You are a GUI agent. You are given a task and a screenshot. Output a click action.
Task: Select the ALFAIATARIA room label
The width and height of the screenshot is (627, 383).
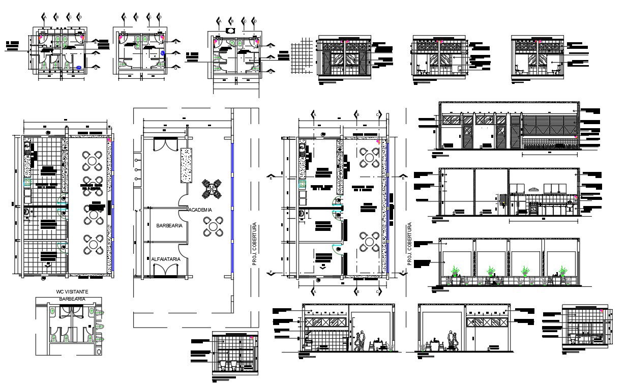coord(166,259)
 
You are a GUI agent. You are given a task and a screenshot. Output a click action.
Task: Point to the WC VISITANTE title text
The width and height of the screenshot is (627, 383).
coord(72,291)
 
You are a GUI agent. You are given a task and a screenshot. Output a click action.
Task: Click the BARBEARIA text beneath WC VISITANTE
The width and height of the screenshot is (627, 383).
coord(72,299)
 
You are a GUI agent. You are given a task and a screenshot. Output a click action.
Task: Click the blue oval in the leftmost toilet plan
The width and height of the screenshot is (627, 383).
coord(79,67)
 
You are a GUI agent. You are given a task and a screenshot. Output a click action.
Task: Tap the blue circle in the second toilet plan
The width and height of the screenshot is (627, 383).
coord(163,52)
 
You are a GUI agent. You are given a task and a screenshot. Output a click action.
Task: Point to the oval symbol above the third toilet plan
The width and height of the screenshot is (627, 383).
coord(231,31)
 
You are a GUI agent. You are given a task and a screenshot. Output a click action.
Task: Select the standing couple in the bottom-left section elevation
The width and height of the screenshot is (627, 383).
coord(360,341)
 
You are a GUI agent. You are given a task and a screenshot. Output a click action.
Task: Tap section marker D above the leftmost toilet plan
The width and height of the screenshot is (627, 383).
coord(80,17)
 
